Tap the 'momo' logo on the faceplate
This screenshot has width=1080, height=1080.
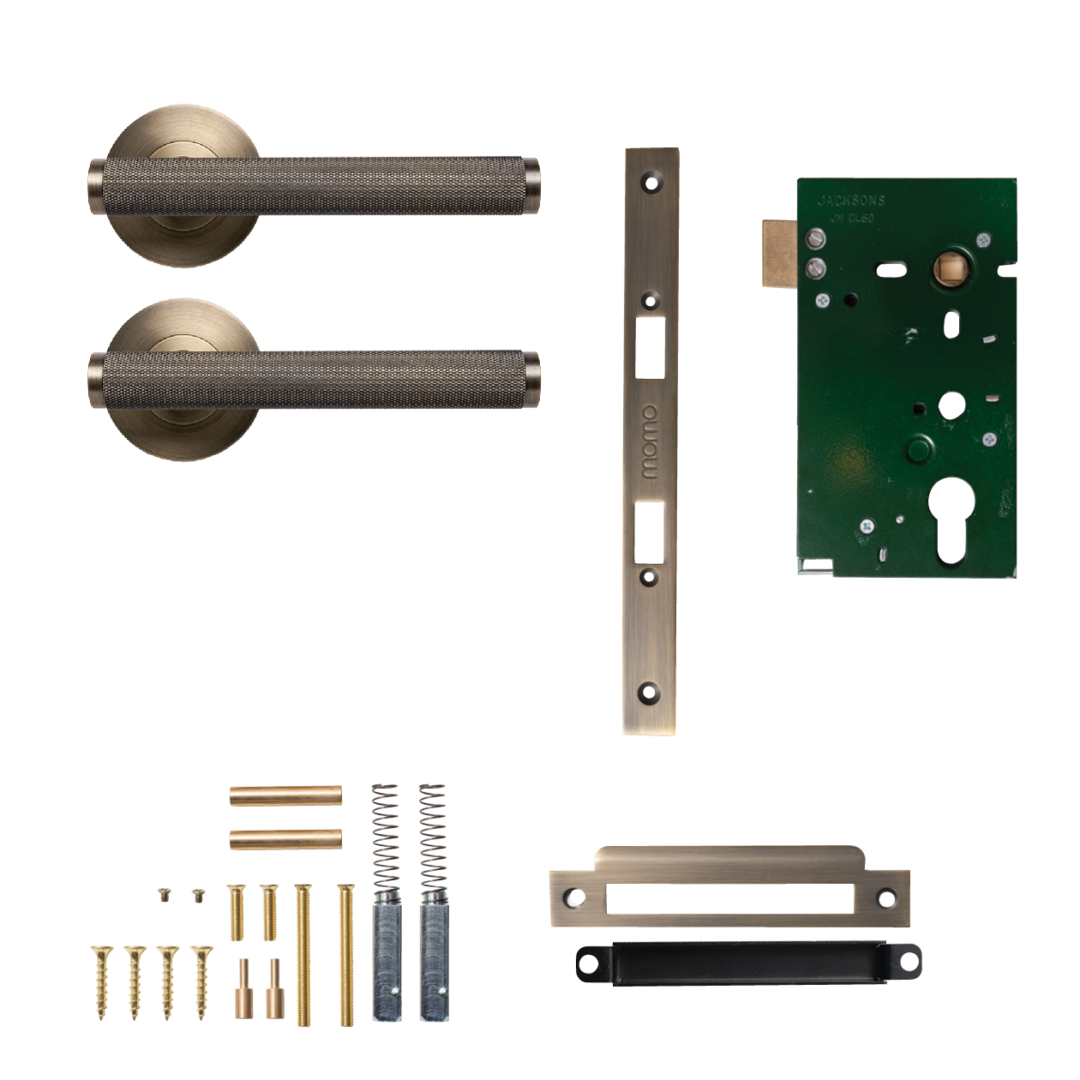tap(651, 442)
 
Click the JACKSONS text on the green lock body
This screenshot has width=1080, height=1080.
tap(850, 201)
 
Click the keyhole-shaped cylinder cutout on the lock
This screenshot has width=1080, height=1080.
tap(951, 519)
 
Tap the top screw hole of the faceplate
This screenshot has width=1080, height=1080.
tap(651, 183)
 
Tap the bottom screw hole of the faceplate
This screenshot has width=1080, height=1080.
tap(649, 691)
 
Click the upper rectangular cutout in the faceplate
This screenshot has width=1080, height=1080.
tap(651, 346)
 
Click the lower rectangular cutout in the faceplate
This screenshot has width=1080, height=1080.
tap(650, 531)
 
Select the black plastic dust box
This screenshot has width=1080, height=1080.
tap(748, 963)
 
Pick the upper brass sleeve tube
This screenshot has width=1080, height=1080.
tap(285, 796)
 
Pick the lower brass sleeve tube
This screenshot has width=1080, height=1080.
tap(285, 838)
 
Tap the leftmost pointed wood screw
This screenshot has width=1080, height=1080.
tap(102, 981)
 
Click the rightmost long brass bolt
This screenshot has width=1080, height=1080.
tap(345, 956)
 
